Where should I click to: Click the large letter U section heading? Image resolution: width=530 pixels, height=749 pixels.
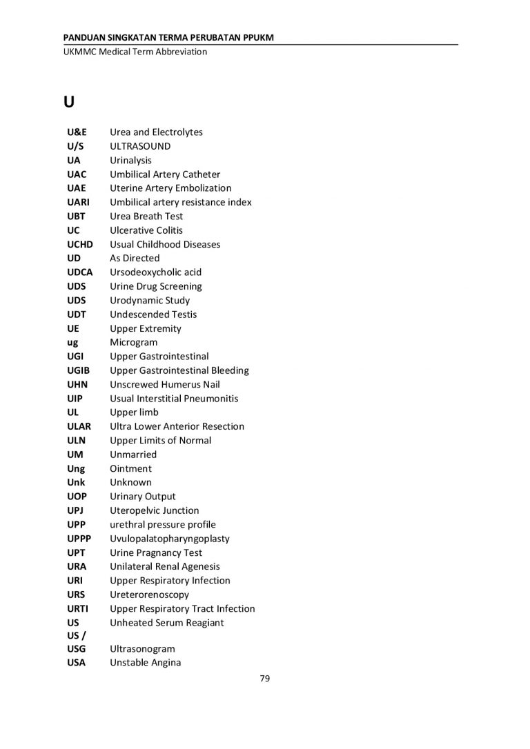coord(68,102)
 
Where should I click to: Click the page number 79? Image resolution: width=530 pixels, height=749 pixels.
coord(265,679)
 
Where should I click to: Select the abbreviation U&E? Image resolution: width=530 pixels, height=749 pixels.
coord(77,132)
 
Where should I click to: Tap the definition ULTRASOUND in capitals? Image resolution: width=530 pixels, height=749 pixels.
coord(140,146)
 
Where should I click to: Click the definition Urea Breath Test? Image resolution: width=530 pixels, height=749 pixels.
coord(146,217)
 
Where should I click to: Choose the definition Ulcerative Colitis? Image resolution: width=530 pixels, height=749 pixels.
coord(146,230)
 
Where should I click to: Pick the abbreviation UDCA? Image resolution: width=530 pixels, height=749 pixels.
coord(80,272)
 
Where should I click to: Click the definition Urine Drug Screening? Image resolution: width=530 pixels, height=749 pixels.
coord(156,286)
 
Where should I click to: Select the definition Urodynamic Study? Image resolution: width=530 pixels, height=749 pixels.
coord(150,301)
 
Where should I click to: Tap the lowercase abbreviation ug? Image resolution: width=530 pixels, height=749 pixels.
coord(72,343)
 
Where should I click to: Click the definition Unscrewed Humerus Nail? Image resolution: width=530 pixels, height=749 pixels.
coord(165,384)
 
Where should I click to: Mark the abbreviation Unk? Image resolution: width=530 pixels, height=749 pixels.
coord(76,483)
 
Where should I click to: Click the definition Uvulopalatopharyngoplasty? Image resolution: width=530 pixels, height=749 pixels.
coord(170,539)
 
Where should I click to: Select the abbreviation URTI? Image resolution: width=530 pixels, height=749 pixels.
coord(78,608)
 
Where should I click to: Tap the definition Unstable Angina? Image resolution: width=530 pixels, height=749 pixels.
coord(146,663)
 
